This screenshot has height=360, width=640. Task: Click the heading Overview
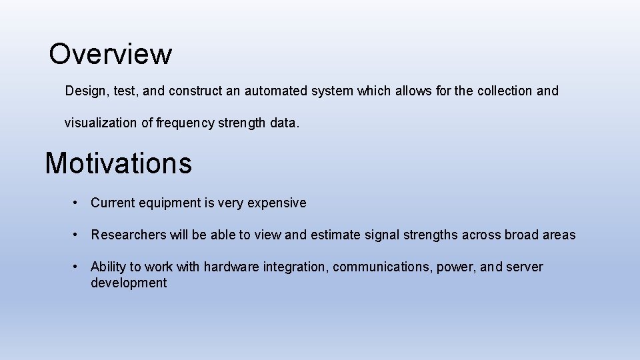click(110, 54)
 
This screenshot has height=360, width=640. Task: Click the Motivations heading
click(118, 163)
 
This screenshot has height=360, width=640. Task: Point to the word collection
click(504, 91)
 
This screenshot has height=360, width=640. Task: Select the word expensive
click(277, 203)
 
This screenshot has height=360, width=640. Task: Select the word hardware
click(231, 267)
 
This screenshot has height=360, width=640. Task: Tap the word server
click(525, 267)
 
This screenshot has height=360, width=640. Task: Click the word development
click(129, 283)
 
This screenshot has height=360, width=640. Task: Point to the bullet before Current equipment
click(78, 203)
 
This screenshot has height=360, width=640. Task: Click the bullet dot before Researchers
click(78, 235)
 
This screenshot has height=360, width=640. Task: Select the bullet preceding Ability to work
click(78, 267)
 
